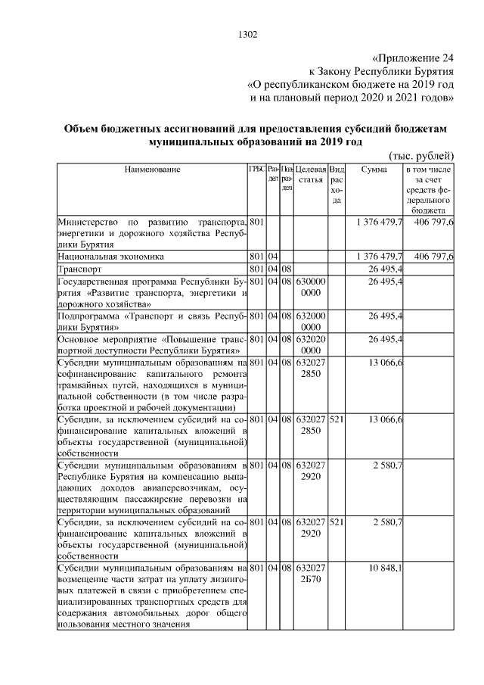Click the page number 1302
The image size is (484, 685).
point(248,34)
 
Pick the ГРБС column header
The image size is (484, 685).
point(257,169)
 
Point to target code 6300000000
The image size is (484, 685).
point(311,288)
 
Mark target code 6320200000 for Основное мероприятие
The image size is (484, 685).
point(311,345)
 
